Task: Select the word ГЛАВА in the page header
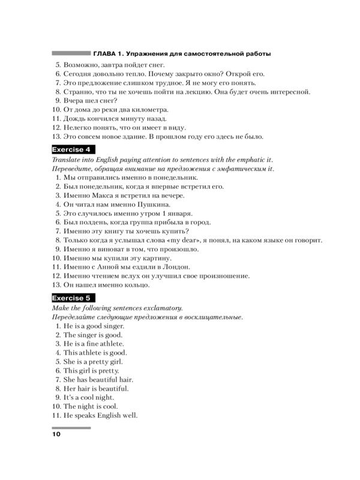click(x=107, y=54)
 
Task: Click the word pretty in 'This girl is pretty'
click(x=109, y=371)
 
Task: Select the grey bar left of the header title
click(x=71, y=53)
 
